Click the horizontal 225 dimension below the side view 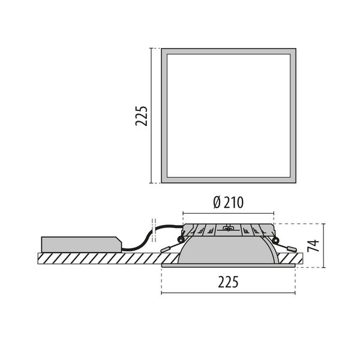pos(228,281)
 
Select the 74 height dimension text pos(312,245)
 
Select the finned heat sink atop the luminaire pos(228,230)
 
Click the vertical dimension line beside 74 pos(323,245)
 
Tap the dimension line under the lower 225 pos(228,293)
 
